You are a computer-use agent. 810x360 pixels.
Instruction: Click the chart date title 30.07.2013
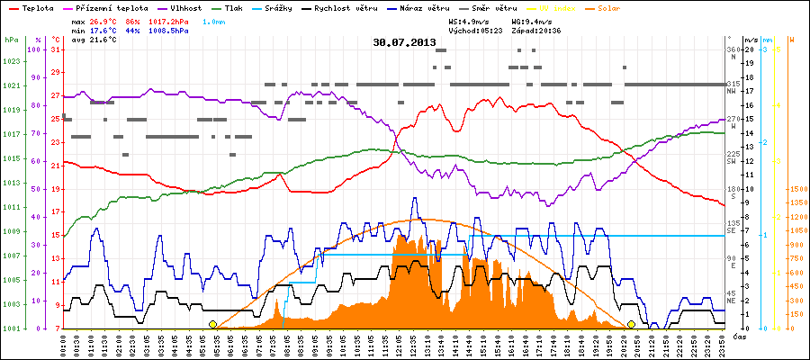[x=404, y=42]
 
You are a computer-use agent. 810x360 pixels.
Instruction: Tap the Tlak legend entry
[x=233, y=7]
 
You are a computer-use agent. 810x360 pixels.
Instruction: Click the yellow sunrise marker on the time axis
[x=212, y=324]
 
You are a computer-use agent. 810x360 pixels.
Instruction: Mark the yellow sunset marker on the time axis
[x=632, y=324]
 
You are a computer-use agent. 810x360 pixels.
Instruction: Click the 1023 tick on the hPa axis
[x=11, y=61]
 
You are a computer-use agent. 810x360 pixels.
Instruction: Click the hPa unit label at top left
[x=11, y=40]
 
